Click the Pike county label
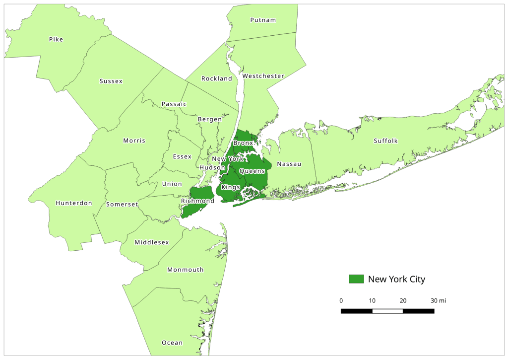56,39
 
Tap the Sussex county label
111,81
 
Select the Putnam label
263,20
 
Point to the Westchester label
263,76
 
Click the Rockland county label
217,78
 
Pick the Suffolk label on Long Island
385,141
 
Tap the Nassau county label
289,164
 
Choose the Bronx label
243,143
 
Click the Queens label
252,171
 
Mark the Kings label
231,187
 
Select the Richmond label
197,201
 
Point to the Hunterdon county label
74,203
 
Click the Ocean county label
172,343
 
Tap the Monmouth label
186,270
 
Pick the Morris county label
134,141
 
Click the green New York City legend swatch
356,279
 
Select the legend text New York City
396,279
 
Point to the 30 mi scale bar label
438,301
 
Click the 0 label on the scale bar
341,301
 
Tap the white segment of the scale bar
387,311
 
